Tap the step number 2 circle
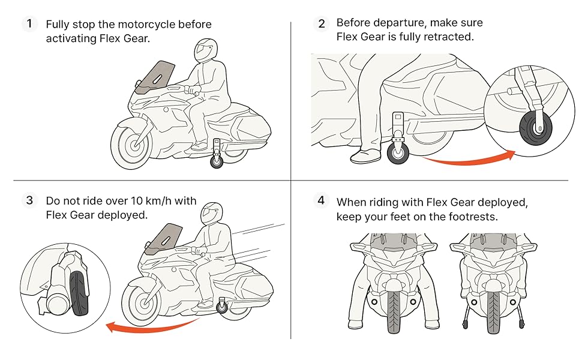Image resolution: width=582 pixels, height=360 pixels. tap(322, 24)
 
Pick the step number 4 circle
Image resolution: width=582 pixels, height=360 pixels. tap(322, 200)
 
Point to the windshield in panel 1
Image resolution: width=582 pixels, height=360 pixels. tap(157, 77)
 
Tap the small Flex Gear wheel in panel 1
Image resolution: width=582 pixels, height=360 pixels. tap(216, 161)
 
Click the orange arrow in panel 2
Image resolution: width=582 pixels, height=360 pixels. tap(468, 160)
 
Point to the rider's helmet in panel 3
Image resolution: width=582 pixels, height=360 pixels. tap(212, 212)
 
